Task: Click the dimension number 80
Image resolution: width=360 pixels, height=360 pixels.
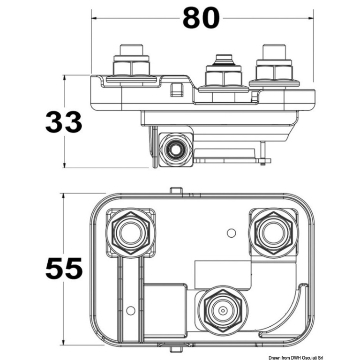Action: click(x=201, y=18)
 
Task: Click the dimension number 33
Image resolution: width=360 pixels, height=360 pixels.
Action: click(x=64, y=123)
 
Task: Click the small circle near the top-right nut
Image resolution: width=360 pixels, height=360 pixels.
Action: click(x=230, y=232)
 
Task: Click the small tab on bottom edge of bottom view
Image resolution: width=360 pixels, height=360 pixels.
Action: click(x=175, y=347)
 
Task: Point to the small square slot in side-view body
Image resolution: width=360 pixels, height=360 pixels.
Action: click(x=176, y=89)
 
